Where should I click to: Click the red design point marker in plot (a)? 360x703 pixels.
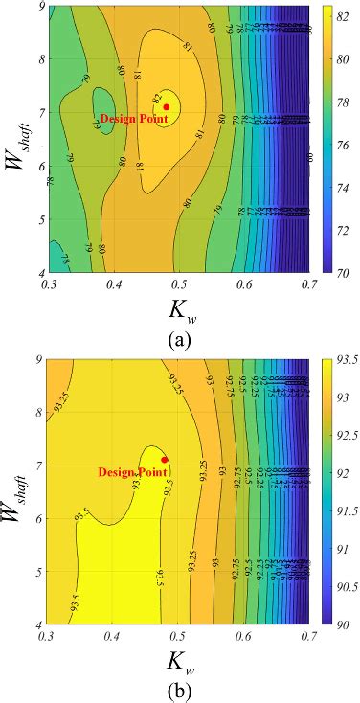click(x=167, y=107)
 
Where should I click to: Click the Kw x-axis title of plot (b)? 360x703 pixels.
click(x=180, y=659)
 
